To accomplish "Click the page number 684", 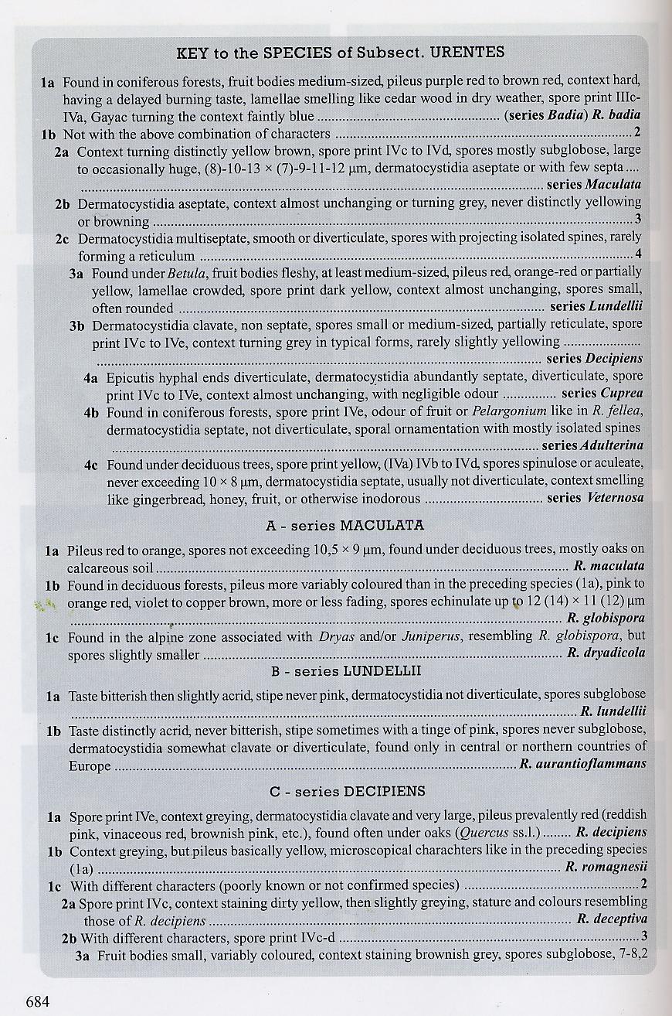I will point(38,1002).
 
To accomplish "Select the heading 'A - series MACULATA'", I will point(344,525).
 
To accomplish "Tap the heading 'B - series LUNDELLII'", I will point(346,670).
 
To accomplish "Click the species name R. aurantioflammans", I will point(583,765).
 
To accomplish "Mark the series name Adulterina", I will point(614,445).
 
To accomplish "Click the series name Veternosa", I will point(615,498).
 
